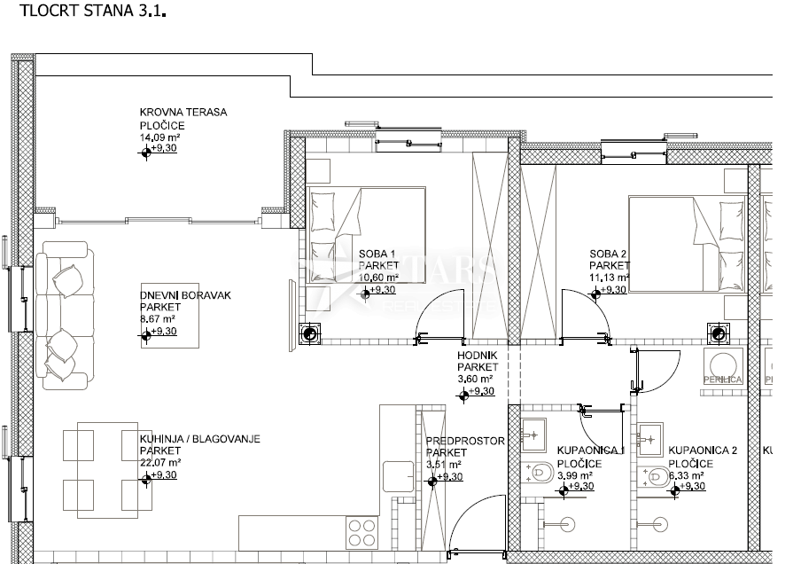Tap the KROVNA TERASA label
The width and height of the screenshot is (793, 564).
coord(183,113)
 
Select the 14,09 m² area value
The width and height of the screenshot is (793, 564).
coord(160,138)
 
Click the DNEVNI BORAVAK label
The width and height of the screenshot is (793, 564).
coord(185,295)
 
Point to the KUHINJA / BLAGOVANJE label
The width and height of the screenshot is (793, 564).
coord(199,439)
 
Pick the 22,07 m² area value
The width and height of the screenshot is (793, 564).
coord(160,462)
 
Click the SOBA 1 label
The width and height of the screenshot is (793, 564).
coord(377,254)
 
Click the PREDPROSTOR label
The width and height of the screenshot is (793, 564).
coord(465,441)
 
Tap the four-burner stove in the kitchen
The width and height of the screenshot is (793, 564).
coord(362,533)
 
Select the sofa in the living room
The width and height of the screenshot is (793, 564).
coord(65,317)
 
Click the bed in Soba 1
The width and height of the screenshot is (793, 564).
coord(366,235)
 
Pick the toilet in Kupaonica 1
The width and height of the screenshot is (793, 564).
coord(539,473)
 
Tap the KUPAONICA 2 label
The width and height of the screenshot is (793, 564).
coord(703,450)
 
